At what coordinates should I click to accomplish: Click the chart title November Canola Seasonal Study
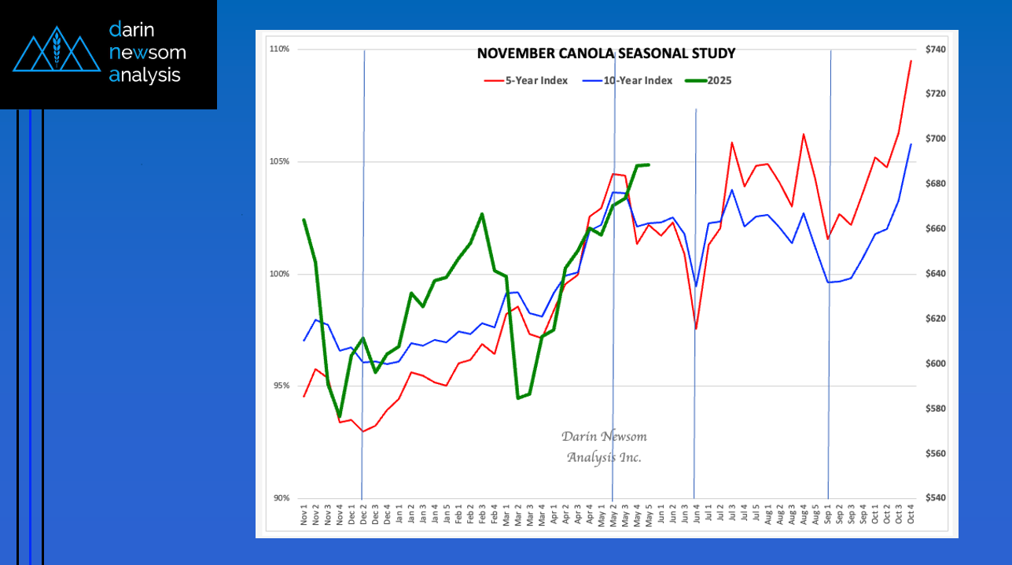pos(606,54)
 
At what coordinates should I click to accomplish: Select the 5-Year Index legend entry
pos(525,80)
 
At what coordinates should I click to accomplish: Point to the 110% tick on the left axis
pos(280,49)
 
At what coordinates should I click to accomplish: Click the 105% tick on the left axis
pos(280,161)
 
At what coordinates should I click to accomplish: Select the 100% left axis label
pos(280,274)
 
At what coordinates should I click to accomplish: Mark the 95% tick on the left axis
pos(280,386)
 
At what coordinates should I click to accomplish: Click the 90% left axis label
pos(280,498)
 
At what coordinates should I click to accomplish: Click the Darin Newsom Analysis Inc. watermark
pos(604,447)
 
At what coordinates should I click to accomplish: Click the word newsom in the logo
pos(148,53)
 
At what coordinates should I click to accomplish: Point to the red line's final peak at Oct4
pos(911,61)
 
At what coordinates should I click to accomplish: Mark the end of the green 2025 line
pos(648,164)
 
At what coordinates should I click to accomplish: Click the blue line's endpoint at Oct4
pos(911,144)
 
